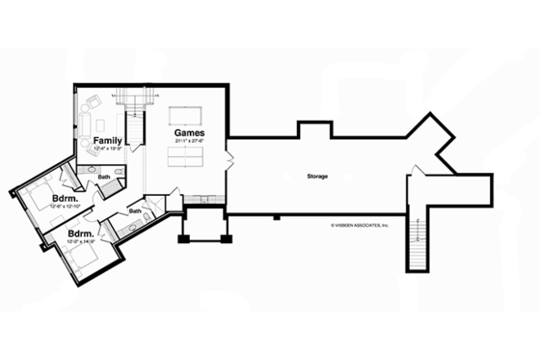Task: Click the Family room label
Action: coord(108,140)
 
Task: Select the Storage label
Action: coord(317,177)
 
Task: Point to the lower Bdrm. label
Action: coord(80,234)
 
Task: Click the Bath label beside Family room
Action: coord(103,178)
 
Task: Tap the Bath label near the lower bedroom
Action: coord(135,211)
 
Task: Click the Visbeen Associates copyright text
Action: coord(359,224)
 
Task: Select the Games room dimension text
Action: coord(189,142)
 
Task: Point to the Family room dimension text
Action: coord(107,150)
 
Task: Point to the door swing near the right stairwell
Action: coord(413,177)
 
